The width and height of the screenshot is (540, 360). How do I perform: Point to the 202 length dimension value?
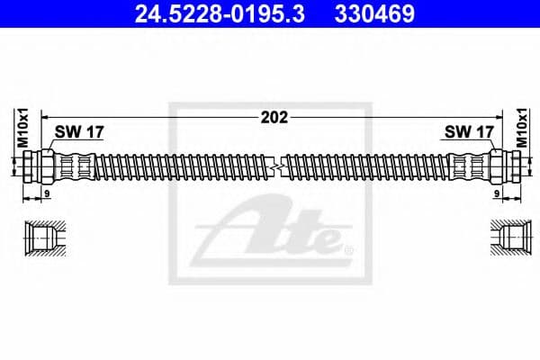[x=270, y=116]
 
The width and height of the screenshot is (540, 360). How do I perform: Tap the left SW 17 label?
[x=79, y=131]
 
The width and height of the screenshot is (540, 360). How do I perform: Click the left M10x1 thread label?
[x=15, y=127]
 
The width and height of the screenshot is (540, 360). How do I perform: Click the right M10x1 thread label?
[x=523, y=127]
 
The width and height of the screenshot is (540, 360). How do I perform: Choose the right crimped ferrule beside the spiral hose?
[x=465, y=166]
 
